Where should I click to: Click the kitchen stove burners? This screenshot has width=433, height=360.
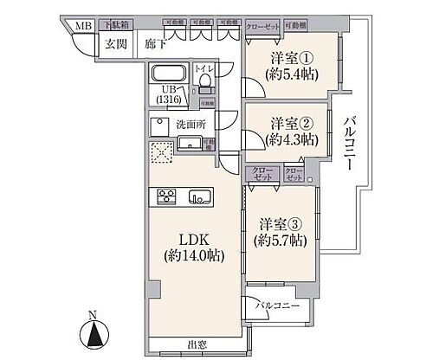tap(166, 196)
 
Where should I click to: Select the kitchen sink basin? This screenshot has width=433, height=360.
tap(198, 196)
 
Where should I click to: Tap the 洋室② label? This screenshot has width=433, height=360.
tap(287, 124)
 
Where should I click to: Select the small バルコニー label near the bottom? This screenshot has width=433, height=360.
tap(281, 305)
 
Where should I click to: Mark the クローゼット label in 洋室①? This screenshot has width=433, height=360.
tap(262, 28)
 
